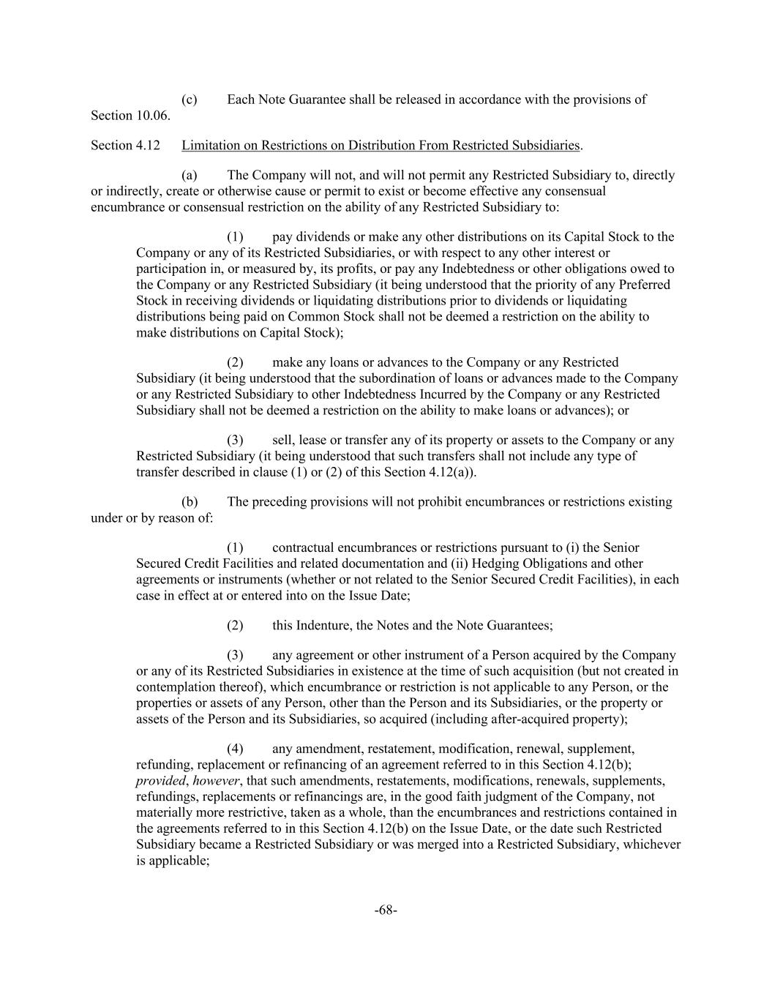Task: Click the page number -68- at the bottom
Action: [386, 910]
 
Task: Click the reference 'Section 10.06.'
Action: [130, 116]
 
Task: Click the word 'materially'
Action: [165, 812]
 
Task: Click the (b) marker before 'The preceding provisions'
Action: [190, 502]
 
